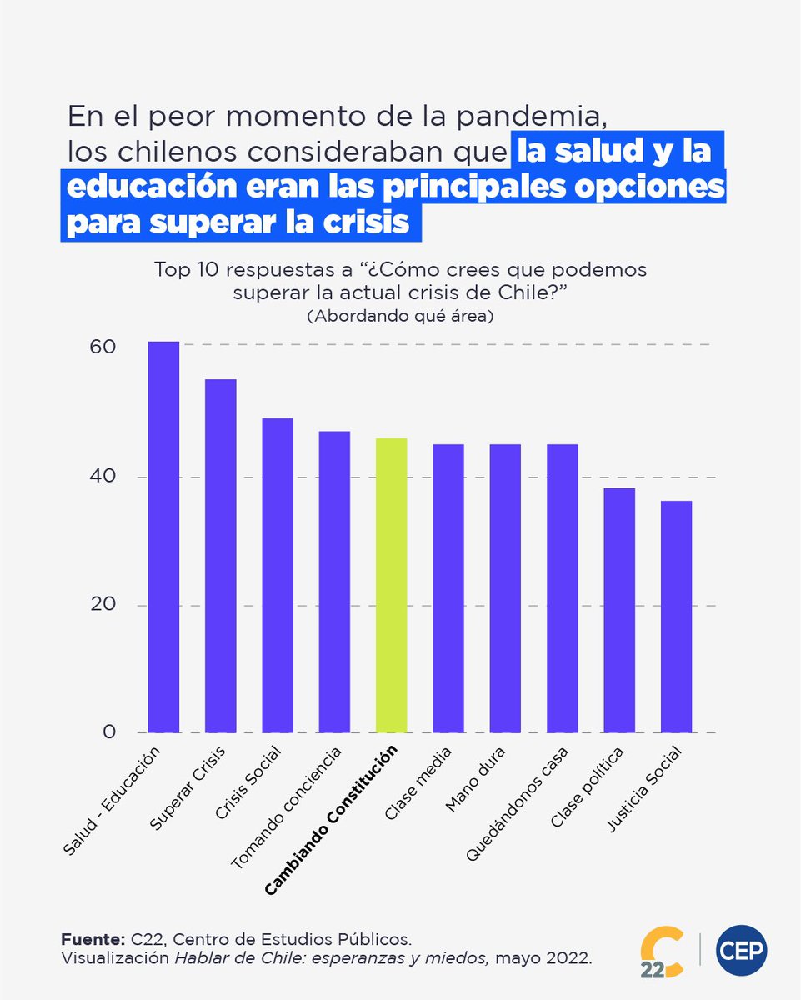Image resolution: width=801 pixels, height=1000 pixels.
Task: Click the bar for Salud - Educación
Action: coord(163,537)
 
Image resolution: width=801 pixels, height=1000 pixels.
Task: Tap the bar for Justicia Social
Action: coord(676,617)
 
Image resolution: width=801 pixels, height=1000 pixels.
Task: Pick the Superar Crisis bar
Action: coord(220,556)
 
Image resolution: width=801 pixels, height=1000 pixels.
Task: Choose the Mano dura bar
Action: coord(505,588)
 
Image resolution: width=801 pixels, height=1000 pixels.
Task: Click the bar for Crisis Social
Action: coord(278,575)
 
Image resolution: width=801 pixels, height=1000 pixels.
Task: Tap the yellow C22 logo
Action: coord(662,951)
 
